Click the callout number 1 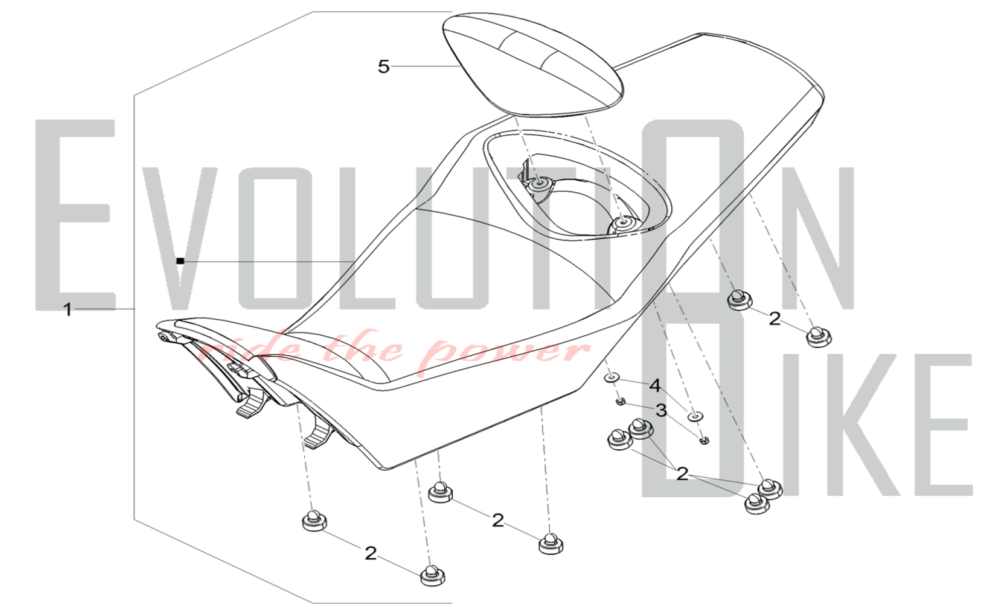pyautogui.click(x=68, y=310)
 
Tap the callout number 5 pyautogui.click(x=383, y=66)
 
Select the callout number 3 pyautogui.click(x=661, y=411)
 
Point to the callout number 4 pyautogui.click(x=655, y=385)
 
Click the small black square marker pyautogui.click(x=180, y=261)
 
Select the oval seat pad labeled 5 pyautogui.click(x=533, y=64)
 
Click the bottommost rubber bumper pyautogui.click(x=432, y=576)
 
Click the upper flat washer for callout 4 pyautogui.click(x=612, y=377)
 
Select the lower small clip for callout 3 pyautogui.click(x=705, y=441)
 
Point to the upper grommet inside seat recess pyautogui.click(x=539, y=184)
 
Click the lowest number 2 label pyautogui.click(x=370, y=553)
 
